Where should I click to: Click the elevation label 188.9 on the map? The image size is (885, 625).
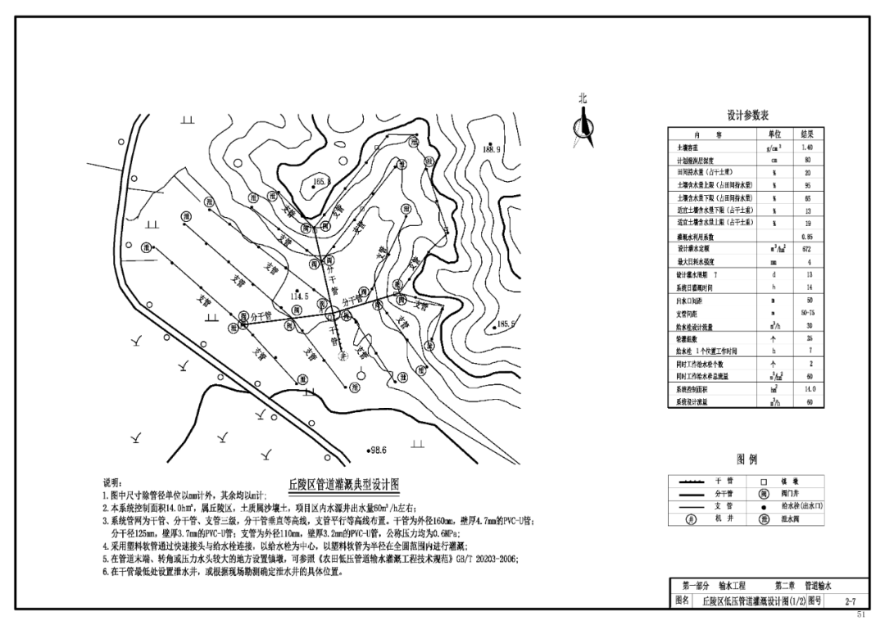[492, 150]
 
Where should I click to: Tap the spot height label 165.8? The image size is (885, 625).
[321, 182]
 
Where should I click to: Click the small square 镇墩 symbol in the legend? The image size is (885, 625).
[764, 482]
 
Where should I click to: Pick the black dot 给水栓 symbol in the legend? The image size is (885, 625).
[764, 506]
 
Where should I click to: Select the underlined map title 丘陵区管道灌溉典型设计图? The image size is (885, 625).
[343, 484]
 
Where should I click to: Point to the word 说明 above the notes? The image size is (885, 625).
[113, 483]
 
